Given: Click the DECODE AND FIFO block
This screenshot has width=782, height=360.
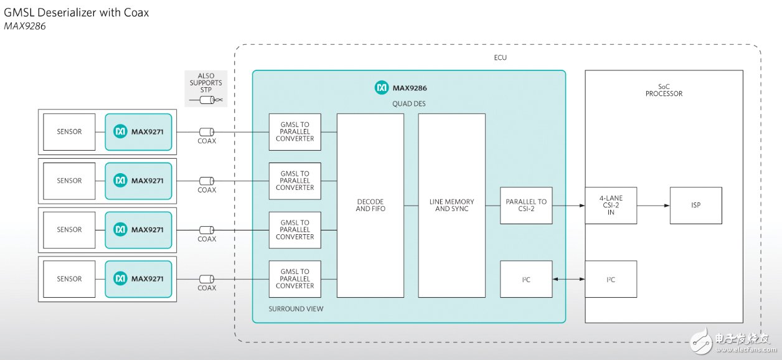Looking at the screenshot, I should pos(370,206).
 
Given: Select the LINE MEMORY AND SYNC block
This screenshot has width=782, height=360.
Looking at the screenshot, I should pos(451,206).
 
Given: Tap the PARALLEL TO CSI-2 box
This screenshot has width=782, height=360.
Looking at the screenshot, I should pos(526,206).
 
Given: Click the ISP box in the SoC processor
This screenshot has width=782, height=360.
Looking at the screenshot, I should pos(695,206).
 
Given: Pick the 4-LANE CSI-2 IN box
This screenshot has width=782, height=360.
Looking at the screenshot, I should pos(611,206).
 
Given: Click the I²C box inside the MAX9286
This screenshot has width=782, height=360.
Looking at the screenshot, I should pos(526,279).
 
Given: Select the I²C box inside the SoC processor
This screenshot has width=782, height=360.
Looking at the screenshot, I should pos(611,279).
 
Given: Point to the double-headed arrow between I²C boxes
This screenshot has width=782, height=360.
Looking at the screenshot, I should pos(568,280).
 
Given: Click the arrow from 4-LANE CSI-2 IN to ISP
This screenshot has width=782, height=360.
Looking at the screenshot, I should pos(652,206).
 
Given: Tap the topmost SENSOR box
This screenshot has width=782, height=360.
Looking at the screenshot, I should pos(69,131).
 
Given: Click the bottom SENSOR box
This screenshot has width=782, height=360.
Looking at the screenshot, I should pos(69,279).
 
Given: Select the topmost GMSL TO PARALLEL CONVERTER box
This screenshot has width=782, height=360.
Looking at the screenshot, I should pos(295,131).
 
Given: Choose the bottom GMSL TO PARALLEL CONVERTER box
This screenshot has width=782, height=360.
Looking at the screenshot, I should pos(295,279).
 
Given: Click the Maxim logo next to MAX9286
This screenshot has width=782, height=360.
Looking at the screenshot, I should pos(382,88).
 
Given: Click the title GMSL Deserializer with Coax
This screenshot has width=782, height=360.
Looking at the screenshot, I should pos(77,12).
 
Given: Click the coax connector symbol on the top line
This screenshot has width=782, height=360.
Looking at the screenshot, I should pos(206,132).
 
